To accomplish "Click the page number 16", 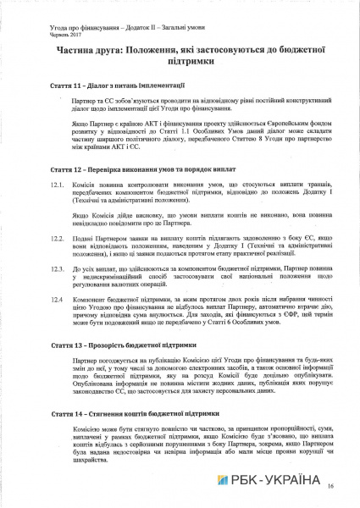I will point(330,485).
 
